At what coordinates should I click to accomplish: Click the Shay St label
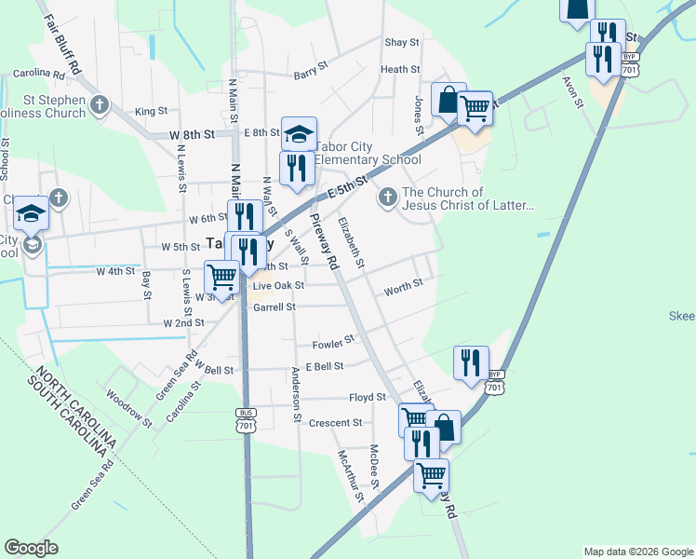[401, 43]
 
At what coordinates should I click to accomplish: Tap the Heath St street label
[400, 69]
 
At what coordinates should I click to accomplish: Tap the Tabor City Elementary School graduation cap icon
[300, 134]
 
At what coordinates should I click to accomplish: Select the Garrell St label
[274, 307]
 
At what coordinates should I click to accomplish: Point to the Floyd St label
[367, 398]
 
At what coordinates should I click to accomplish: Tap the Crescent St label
[335, 423]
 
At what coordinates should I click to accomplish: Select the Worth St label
[403, 286]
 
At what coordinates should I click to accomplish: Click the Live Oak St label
[279, 285]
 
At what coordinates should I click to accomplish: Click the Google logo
[31, 548]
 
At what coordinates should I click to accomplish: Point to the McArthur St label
[350, 476]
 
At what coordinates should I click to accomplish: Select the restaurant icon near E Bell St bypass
[471, 361]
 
